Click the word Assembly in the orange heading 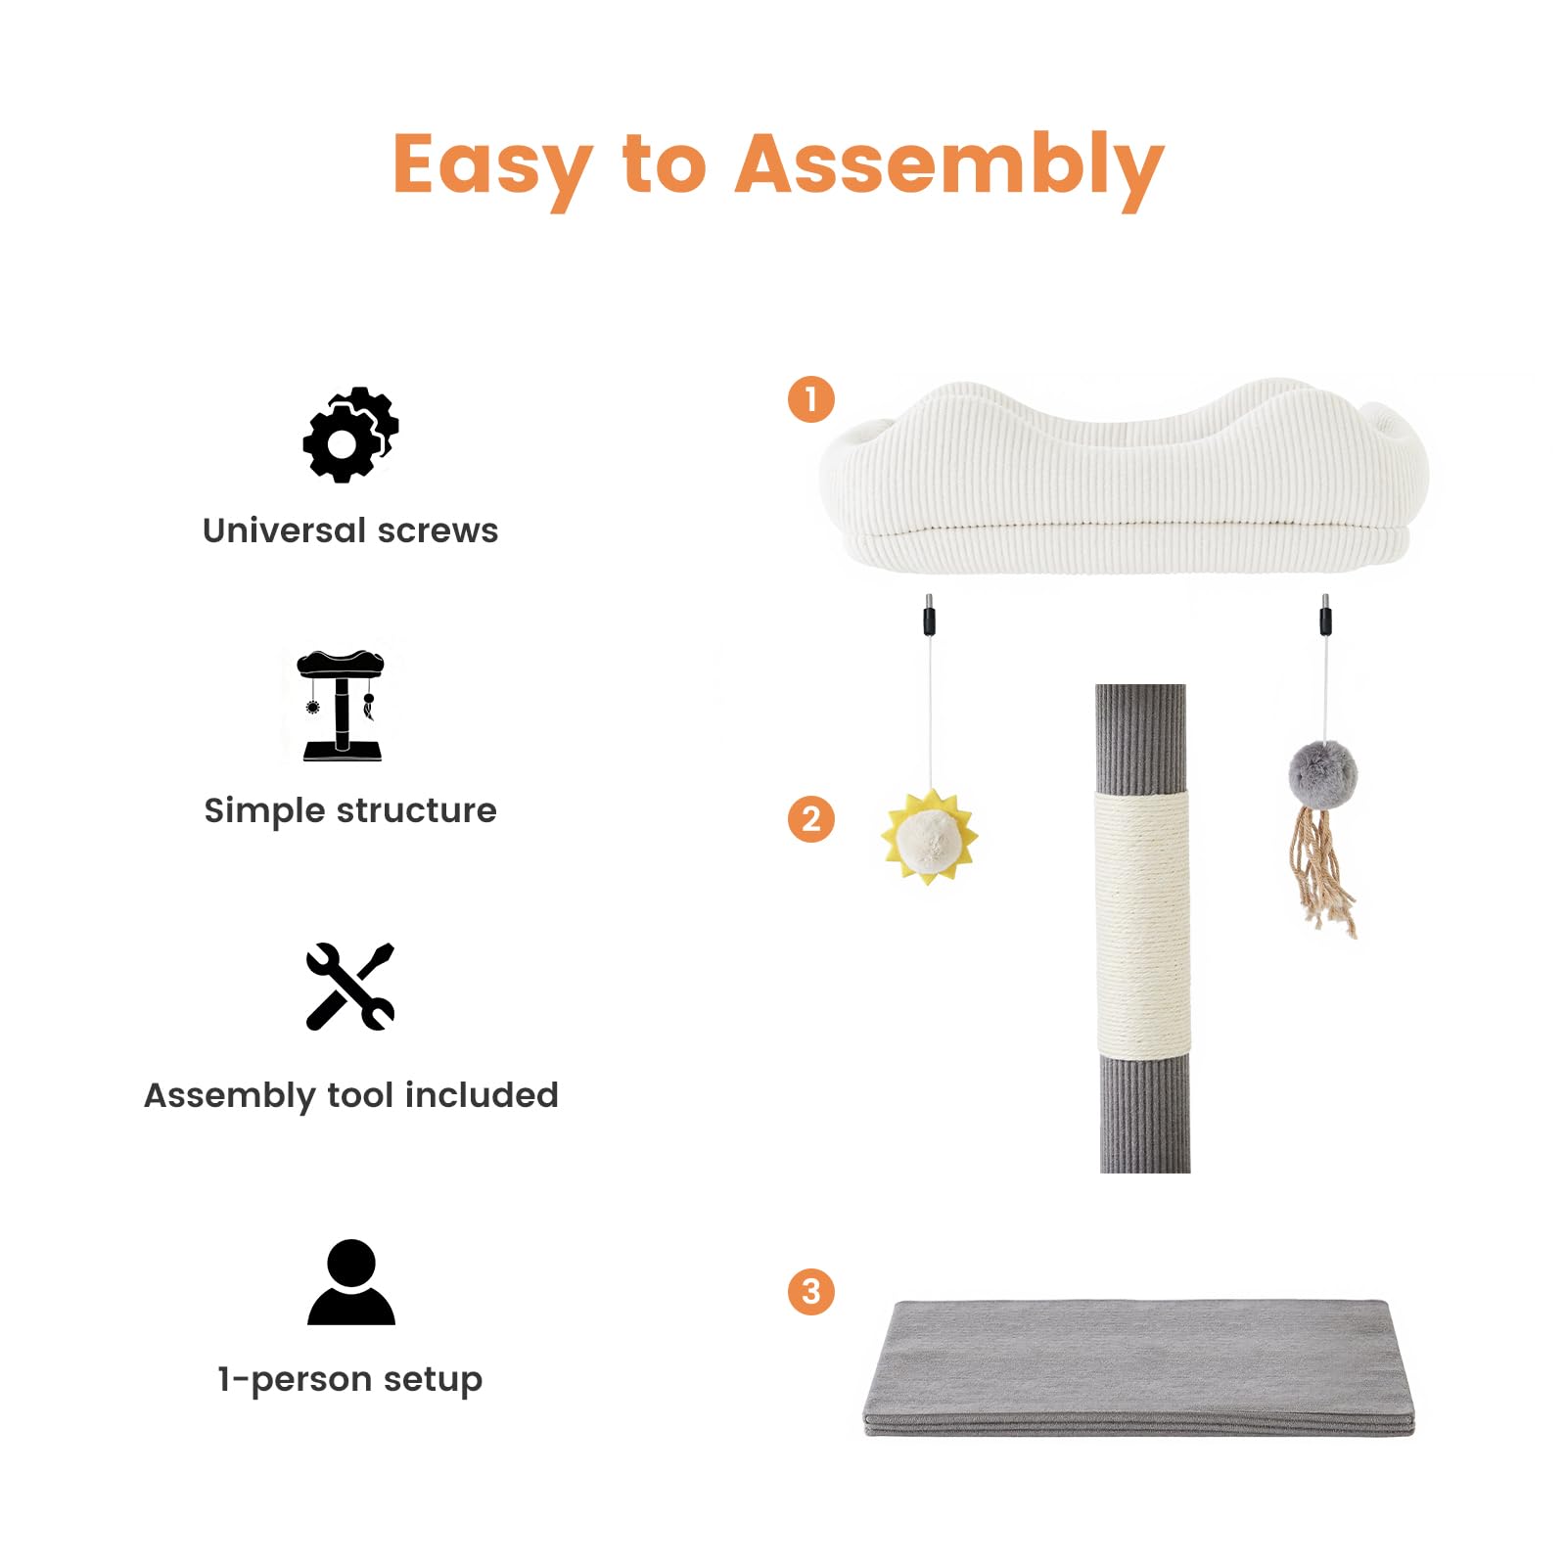[x=949, y=168]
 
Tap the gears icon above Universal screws [x=350, y=435]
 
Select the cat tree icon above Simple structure [x=341, y=705]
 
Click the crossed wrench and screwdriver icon [x=350, y=987]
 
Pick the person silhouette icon [x=351, y=1282]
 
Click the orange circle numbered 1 [x=811, y=399]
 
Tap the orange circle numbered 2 [x=811, y=819]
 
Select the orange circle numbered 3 [x=811, y=1291]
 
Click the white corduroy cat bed [x=1125, y=478]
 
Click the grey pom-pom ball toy [x=1323, y=774]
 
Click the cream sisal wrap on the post [x=1142, y=924]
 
